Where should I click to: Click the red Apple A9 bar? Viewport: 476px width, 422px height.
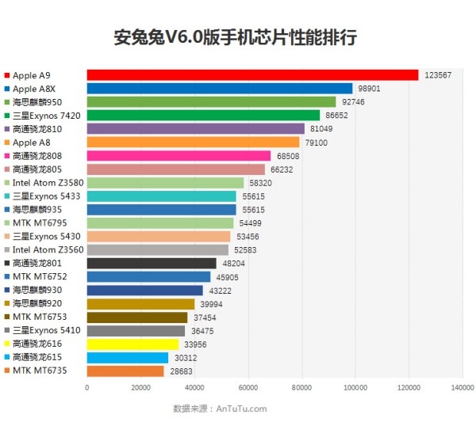pos(252,75)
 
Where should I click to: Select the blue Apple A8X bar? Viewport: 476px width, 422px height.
pos(219,89)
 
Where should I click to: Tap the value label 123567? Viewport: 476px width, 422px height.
pos(438,75)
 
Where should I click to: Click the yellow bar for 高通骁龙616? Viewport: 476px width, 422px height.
pos(132,344)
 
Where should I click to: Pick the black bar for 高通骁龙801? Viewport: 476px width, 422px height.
pos(151,263)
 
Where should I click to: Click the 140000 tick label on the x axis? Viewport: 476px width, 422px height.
pos(462,388)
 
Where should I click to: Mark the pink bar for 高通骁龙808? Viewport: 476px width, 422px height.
pos(178,156)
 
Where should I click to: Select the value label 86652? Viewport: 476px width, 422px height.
pos(336,116)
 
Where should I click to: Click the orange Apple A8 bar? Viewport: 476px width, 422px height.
pos(193,143)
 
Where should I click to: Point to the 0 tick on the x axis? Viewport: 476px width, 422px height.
pos(86,388)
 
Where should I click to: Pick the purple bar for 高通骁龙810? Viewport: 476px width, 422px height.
pos(195,129)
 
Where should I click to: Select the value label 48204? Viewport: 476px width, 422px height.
pos(232,263)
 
